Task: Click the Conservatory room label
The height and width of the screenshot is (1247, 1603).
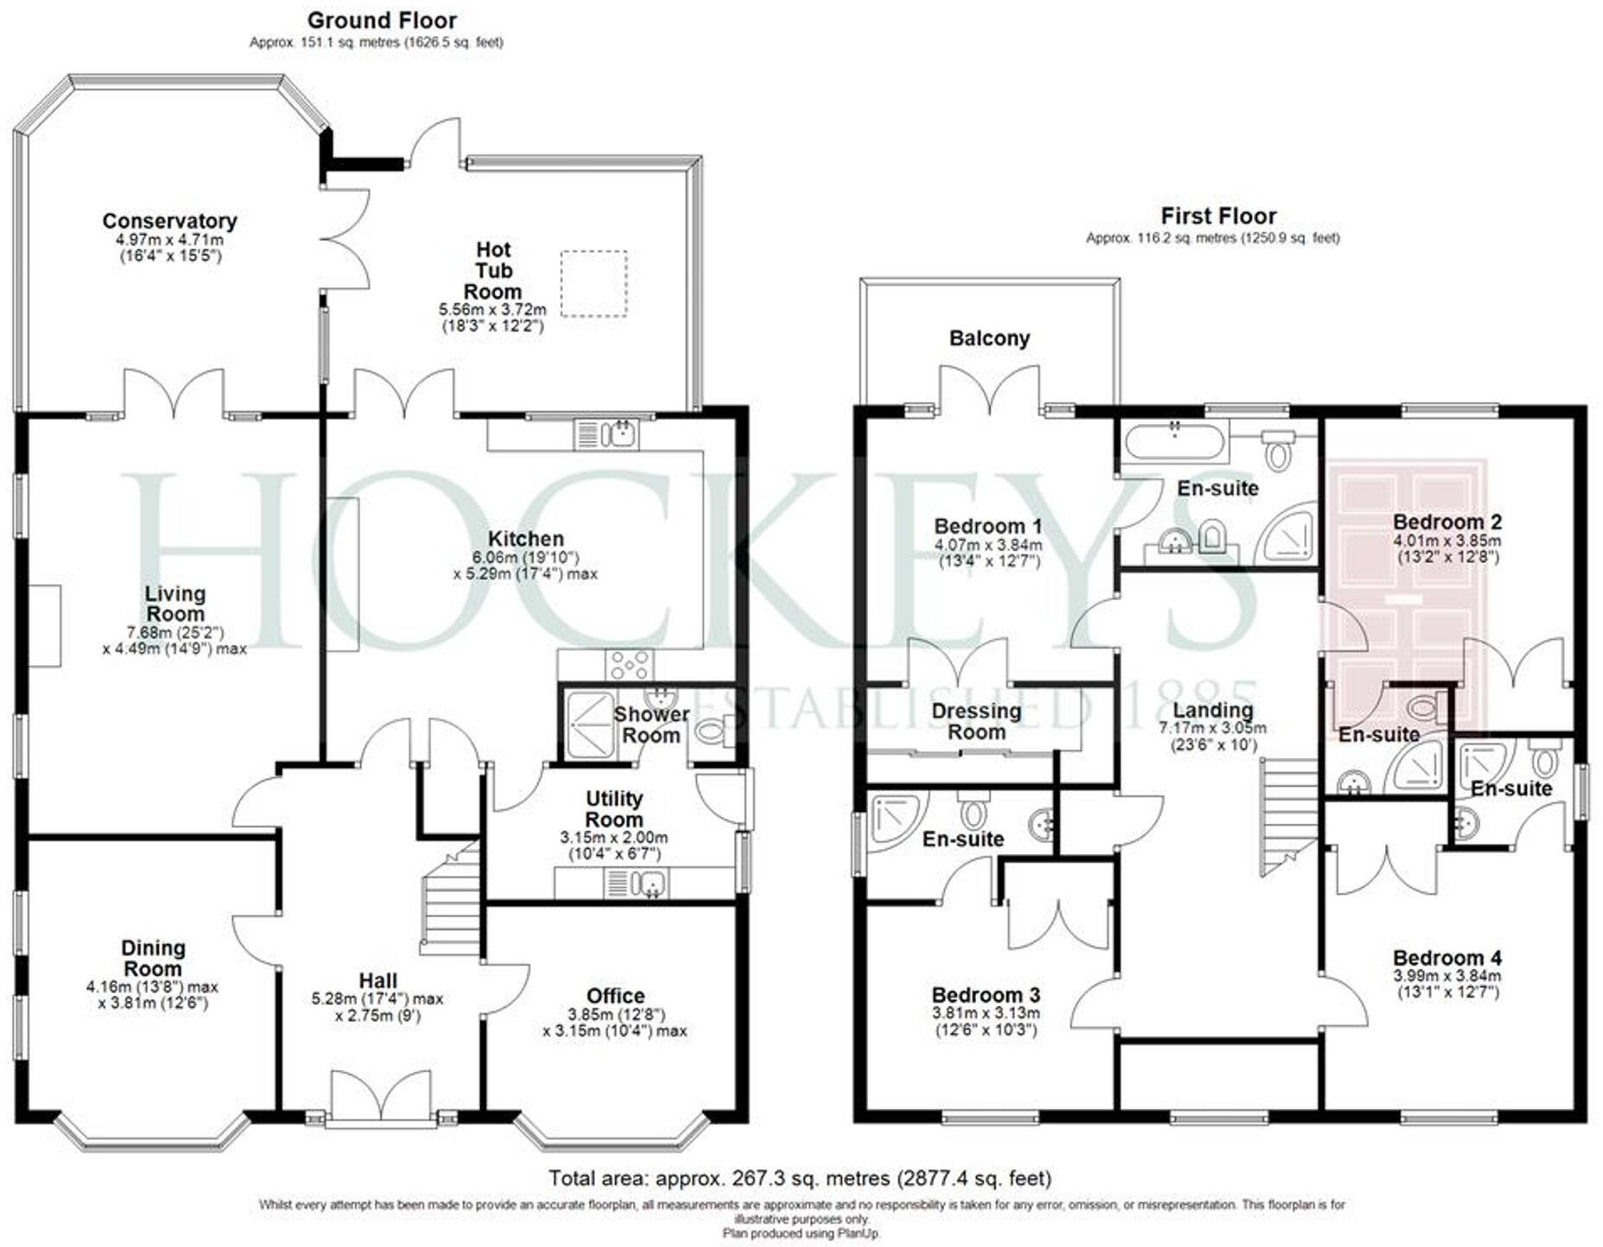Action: (x=169, y=221)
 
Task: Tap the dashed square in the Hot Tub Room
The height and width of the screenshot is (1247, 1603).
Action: (x=593, y=284)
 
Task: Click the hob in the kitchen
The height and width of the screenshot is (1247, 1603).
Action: (x=630, y=665)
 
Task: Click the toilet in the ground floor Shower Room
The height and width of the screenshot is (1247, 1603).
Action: (x=710, y=733)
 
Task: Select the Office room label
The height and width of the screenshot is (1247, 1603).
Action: (x=615, y=996)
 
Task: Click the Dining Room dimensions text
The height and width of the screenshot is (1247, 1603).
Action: (x=153, y=995)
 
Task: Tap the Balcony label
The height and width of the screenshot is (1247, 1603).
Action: (x=989, y=339)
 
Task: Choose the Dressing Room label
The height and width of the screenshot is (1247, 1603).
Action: (x=976, y=722)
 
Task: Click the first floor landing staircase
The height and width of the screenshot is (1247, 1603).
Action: (x=1286, y=812)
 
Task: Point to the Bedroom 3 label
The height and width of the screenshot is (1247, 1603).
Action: (x=985, y=995)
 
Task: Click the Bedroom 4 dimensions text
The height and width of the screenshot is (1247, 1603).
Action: (x=1447, y=984)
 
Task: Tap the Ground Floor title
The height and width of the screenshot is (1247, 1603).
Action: (x=382, y=20)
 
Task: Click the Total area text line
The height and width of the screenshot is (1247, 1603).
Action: (x=800, y=1178)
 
